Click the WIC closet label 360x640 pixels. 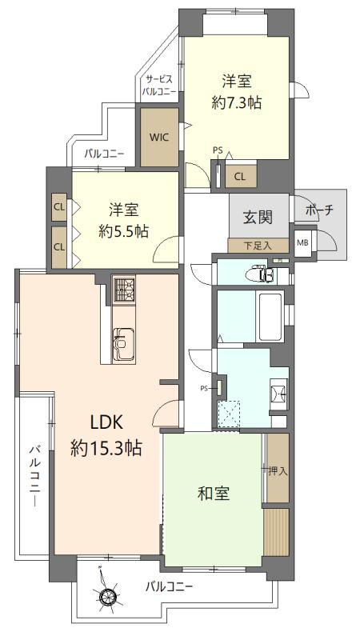click(159, 137)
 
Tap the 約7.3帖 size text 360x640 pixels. click(236, 103)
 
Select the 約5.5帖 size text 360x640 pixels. click(123, 231)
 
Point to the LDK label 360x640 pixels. click(106, 423)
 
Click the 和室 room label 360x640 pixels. click(214, 494)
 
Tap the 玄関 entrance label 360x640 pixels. click(258, 217)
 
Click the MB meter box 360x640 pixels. click(302, 243)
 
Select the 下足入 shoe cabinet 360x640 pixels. click(258, 246)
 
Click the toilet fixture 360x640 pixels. click(263, 274)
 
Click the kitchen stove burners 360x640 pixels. click(124, 290)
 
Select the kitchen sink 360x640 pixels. click(123, 344)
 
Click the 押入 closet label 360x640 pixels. click(278, 471)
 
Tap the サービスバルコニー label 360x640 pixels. click(159, 86)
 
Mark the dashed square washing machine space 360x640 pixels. click(229, 414)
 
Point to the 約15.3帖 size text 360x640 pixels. click(106, 448)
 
